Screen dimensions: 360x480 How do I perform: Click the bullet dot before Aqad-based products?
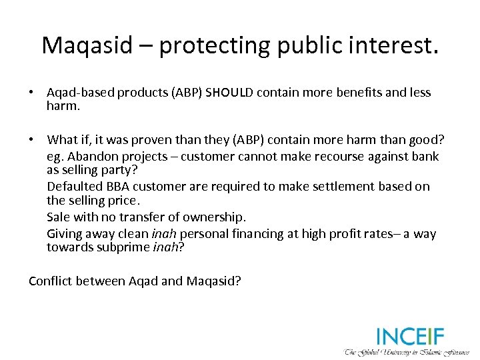pyautogui.click(x=32, y=93)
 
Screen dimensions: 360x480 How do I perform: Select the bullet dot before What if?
pyautogui.click(x=32, y=139)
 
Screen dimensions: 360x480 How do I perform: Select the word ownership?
pyautogui.click(x=215, y=217)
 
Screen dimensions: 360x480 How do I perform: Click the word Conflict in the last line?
pyautogui.click(x=50, y=281)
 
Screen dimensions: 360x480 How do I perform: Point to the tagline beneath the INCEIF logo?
pyautogui.click(x=407, y=352)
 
